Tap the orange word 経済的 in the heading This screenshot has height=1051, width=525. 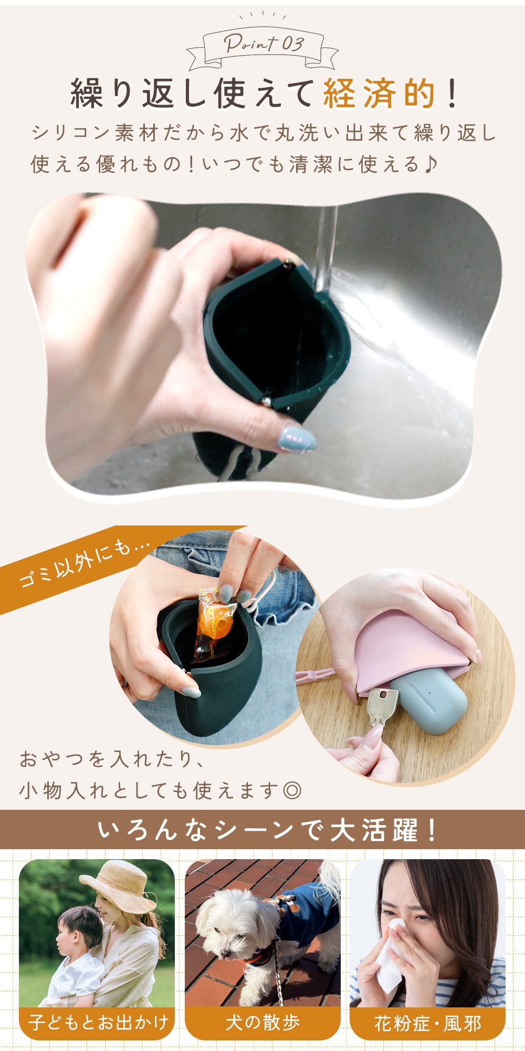[379, 94]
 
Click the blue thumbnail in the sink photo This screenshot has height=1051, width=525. [297, 438]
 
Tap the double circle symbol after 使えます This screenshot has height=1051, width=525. [292, 790]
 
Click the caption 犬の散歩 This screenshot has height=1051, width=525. [262, 1022]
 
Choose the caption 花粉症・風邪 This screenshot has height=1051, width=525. [427, 1023]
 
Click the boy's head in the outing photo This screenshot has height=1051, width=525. [78, 930]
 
